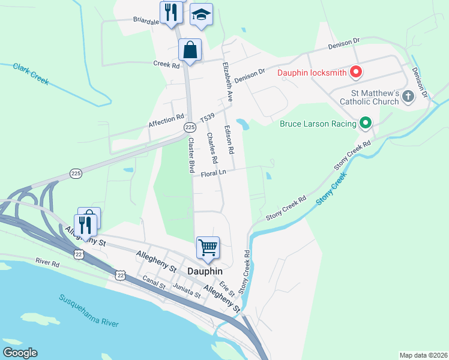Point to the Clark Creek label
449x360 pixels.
click(x=31, y=74)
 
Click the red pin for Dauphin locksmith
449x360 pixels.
click(x=355, y=73)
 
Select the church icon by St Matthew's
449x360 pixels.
click(x=408, y=97)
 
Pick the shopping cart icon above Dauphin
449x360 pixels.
click(x=208, y=247)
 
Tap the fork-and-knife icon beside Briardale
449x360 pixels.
click(x=171, y=12)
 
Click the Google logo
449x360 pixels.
click(x=20, y=353)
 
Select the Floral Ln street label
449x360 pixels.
click(x=214, y=173)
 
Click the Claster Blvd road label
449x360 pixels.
click(x=191, y=155)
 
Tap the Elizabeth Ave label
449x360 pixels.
click(x=228, y=80)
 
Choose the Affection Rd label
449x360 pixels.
click(x=166, y=122)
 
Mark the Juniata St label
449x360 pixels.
click(x=185, y=292)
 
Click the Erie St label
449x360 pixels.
click(x=227, y=287)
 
